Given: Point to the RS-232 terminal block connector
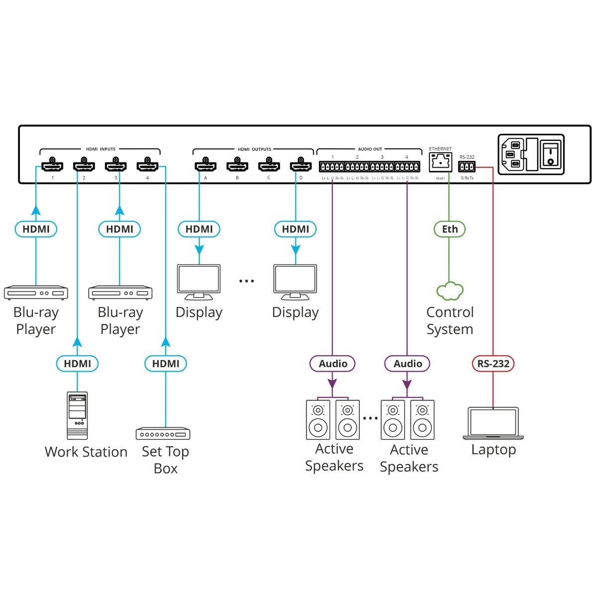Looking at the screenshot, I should (467, 167).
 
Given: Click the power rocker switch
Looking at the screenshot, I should (551, 154).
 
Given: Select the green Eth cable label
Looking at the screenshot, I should (450, 229).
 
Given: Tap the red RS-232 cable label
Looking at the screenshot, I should (493, 364).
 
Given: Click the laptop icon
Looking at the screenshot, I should (493, 423).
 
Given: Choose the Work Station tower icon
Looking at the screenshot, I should (77, 415).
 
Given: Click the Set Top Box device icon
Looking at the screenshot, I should (163, 434).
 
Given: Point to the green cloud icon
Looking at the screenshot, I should (450, 291).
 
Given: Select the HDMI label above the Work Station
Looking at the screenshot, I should (77, 364).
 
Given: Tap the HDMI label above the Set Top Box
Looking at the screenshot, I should (166, 364).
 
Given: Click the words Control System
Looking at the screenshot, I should (450, 320).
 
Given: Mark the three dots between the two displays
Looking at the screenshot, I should (246, 281).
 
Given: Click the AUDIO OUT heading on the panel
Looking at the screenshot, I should (370, 149).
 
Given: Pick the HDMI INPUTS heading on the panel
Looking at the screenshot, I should (100, 149).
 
